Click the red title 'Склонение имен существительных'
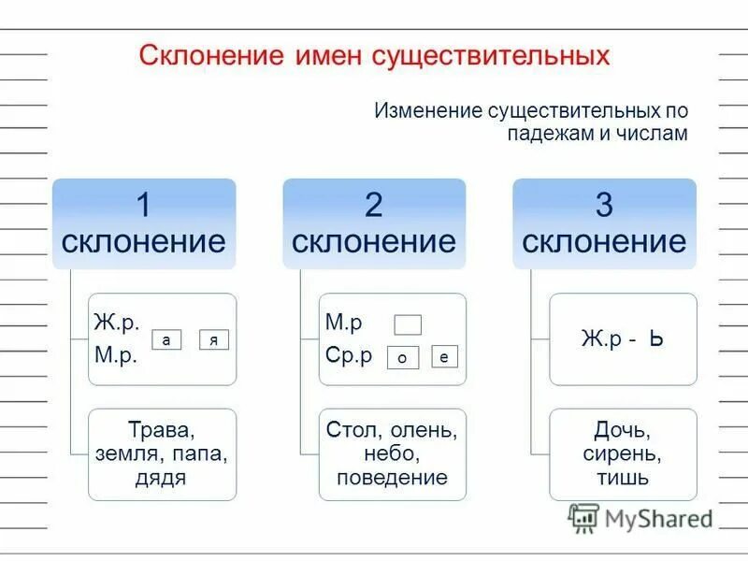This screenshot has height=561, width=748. coord(374,55)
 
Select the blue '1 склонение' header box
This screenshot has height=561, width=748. coord(143,223)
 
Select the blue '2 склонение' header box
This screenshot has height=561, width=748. coord(374,223)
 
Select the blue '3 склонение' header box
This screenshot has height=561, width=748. coord(604,223)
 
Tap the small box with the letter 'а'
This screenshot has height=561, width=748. coord(165,341)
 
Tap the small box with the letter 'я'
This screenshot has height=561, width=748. coord(214,341)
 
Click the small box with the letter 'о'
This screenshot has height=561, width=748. coord(401,357)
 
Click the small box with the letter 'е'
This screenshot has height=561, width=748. coord(445,356)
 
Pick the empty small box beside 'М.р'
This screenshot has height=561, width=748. coord(408,324)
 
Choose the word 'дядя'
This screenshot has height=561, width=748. coord(162,479)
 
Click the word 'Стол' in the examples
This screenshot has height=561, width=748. coord(348,431)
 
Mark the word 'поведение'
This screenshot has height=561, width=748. coord(394,478)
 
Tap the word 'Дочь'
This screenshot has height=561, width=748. coord(622,432)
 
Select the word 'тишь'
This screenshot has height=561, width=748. coord(623,479)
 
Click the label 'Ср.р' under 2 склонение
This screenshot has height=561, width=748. coord(348,355)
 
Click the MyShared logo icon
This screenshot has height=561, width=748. coord(583,517)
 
